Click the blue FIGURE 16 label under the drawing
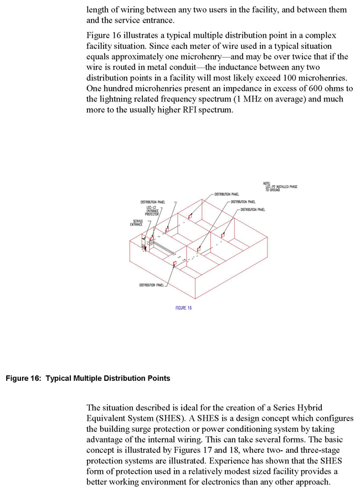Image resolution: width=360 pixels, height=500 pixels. tap(183, 308)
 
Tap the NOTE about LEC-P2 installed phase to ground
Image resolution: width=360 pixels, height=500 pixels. tap(280, 187)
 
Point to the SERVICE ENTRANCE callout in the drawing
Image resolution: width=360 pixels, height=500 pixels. tap(136, 223)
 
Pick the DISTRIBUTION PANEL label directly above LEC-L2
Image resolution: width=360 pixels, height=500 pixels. tap(153, 202)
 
